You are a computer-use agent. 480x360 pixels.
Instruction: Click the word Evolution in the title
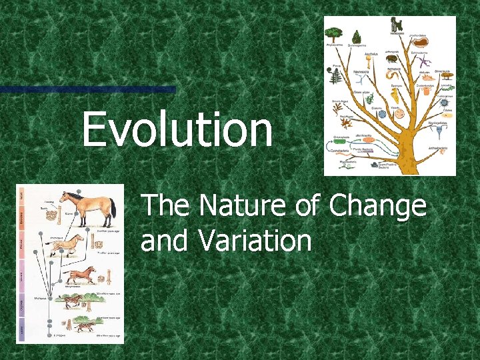pyautogui.click(x=177, y=130)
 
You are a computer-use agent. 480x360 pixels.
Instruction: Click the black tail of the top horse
pyautogui.click(x=113, y=211)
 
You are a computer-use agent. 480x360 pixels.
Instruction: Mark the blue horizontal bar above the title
pyautogui.click(x=87, y=89)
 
